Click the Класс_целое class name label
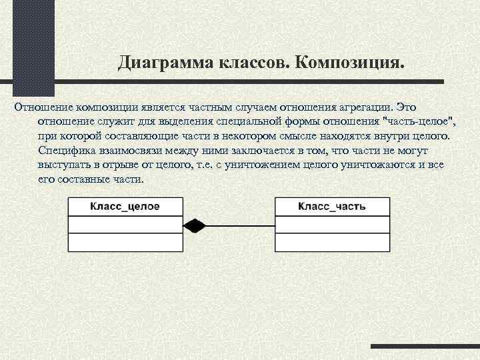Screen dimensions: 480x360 (125, 207)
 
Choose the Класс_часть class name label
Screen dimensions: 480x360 (331, 207)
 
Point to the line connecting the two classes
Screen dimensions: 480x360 (240, 225)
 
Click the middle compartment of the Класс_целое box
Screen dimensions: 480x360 (125, 225)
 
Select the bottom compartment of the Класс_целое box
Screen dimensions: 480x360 (125, 242)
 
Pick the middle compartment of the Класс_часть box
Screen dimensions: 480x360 (331, 225)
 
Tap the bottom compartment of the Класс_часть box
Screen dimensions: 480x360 (331, 242)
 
